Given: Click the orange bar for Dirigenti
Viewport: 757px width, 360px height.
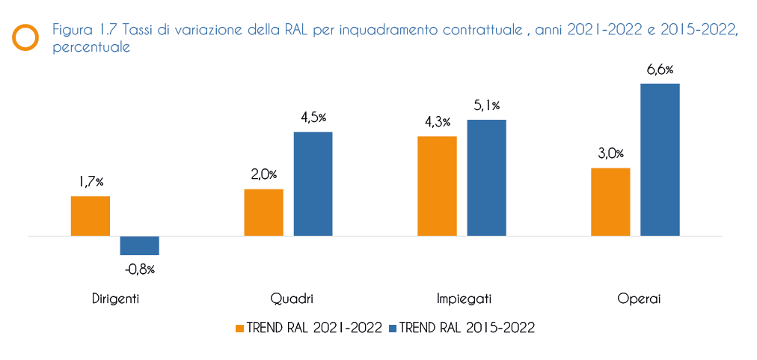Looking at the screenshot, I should [x=91, y=216].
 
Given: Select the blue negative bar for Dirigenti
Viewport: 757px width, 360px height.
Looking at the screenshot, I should [x=139, y=245].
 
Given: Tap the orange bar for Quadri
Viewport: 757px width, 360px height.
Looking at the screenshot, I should [x=263, y=213].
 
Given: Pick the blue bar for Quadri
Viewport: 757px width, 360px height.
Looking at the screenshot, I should [x=313, y=184].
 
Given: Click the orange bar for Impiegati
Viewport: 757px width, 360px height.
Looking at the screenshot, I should [x=437, y=186].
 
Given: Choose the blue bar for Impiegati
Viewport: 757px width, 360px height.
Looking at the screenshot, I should [x=486, y=178].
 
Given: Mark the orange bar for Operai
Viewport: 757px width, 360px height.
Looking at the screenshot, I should [x=610, y=202].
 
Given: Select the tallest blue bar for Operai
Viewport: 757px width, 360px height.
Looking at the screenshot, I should [x=660, y=160].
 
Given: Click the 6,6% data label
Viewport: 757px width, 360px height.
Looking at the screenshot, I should [x=660, y=70].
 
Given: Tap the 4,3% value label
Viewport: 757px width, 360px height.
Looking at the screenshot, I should [x=437, y=123].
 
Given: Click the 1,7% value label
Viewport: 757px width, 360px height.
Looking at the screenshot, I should [x=91, y=182].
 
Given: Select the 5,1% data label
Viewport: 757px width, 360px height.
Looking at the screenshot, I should [x=486, y=106].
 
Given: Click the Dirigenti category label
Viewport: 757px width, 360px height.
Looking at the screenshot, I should [x=115, y=299].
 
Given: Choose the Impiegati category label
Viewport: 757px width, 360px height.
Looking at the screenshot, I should [x=464, y=299].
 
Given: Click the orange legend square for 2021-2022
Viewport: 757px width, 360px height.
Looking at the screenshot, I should [x=239, y=328].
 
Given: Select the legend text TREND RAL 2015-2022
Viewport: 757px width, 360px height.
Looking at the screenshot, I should [x=468, y=328].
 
